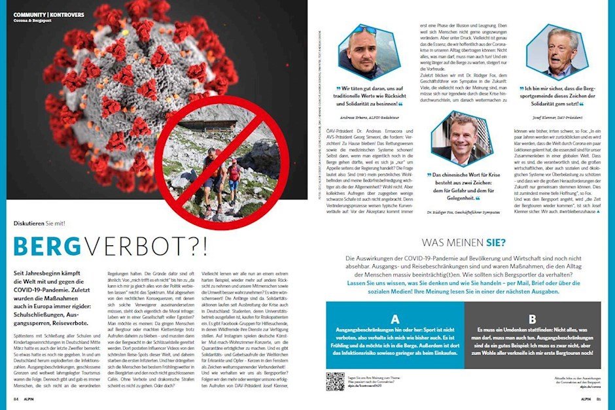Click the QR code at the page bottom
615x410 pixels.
334,381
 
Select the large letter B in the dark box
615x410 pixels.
533,320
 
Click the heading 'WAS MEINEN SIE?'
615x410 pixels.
463,243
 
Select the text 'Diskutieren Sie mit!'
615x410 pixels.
39,224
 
